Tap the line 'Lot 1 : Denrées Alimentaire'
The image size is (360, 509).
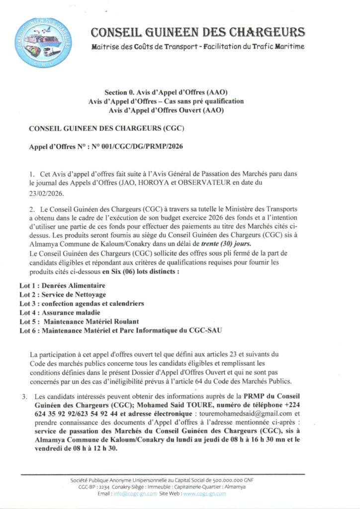(x=62, y=285)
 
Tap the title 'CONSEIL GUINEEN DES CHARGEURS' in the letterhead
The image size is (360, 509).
(x=198, y=33)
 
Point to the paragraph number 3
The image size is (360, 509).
(x=23, y=396)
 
